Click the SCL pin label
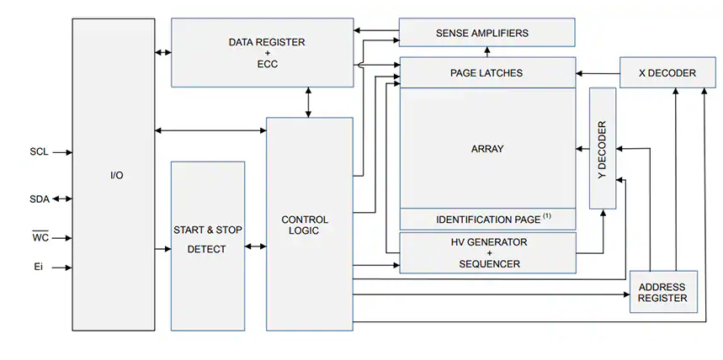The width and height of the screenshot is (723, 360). tap(39, 152)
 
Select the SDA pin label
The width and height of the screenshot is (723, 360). tap(40, 199)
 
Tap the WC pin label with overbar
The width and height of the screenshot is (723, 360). tap(40, 238)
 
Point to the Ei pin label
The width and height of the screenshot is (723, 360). tap(38, 268)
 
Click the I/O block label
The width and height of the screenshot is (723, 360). tap(116, 175)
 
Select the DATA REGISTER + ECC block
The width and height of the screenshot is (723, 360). tap(262, 52)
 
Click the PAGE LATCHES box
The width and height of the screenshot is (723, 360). tap(486, 73)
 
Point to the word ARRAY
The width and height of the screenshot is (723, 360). tap(487, 149)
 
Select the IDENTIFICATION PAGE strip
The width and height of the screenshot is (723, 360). tap(487, 220)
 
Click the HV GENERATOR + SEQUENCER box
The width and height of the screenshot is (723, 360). tap(487, 252)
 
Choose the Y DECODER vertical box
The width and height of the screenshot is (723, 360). tap(603, 148)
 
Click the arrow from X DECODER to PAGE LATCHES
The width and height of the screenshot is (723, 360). tap(598, 73)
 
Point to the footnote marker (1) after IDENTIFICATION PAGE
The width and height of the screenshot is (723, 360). tap(547, 216)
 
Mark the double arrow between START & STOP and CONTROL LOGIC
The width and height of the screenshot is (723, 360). tap(255, 247)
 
